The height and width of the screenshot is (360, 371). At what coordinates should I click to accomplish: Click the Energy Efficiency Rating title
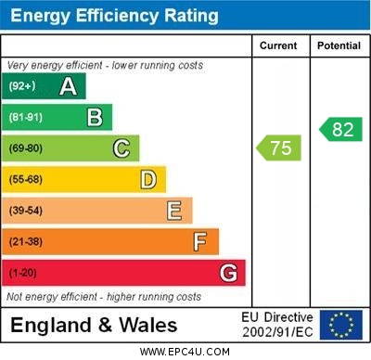pos(114,16)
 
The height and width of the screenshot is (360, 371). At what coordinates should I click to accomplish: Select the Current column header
pos(278,45)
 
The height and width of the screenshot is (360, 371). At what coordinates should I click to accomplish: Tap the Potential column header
pos(339,45)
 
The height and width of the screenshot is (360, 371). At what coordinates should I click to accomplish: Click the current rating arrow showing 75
pos(279,148)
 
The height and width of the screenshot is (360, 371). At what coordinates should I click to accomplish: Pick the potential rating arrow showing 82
pos(340,129)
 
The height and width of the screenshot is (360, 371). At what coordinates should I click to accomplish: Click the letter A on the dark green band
pos(68,86)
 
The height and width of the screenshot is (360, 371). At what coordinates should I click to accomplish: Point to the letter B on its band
pos(95,117)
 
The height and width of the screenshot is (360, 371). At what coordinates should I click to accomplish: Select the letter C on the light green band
pos(122,148)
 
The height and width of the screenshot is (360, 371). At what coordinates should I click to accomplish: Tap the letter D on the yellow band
pos(148,179)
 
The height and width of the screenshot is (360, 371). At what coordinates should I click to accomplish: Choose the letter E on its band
pos(173,211)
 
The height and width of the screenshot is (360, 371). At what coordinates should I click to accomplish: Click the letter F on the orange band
pos(200,242)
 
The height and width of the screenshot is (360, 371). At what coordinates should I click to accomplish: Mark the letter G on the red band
pos(228,274)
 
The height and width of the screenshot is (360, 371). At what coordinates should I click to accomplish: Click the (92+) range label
pos(22,86)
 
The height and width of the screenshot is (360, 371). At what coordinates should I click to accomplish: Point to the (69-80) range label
pos(26,148)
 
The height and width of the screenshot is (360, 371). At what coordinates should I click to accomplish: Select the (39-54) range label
pos(26,211)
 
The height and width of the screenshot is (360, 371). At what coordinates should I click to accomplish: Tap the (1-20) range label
pos(23,274)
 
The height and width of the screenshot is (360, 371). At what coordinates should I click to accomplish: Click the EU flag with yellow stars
pos(341,325)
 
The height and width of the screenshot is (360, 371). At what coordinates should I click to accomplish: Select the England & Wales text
pos(94,325)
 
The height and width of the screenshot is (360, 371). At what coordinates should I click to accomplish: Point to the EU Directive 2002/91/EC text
pos(277,325)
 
